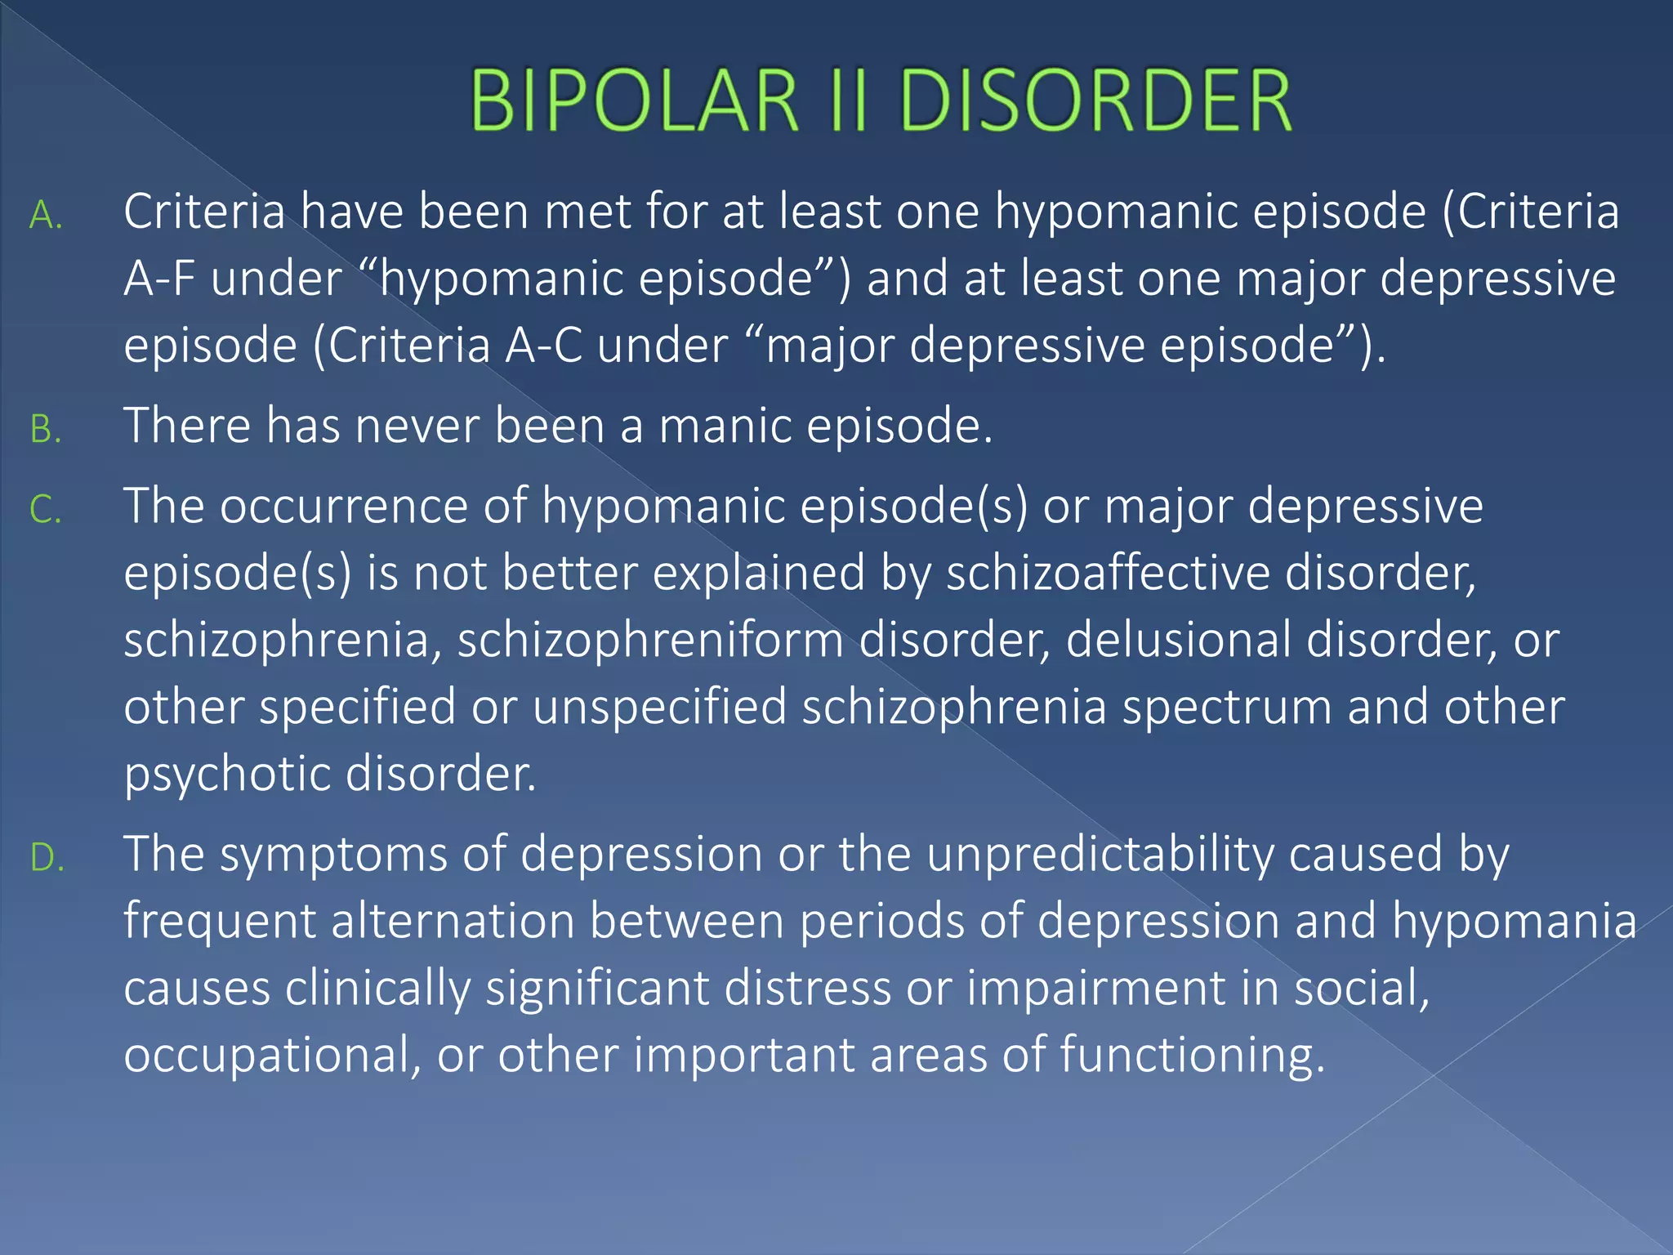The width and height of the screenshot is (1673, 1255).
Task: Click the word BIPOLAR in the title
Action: tap(633, 100)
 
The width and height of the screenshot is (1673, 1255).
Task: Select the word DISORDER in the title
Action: tap(1095, 100)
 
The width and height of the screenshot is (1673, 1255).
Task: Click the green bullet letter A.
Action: tap(46, 216)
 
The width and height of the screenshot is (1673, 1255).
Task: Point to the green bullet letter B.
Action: tap(46, 430)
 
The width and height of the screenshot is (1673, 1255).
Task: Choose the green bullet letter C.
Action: tap(46, 511)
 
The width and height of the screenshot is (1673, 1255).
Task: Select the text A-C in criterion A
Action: tap(543, 346)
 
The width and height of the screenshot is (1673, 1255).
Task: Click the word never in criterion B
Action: tap(416, 426)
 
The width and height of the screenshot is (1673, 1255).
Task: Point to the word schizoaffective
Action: tap(1108, 573)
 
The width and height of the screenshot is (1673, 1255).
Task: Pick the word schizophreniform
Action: tap(650, 640)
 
